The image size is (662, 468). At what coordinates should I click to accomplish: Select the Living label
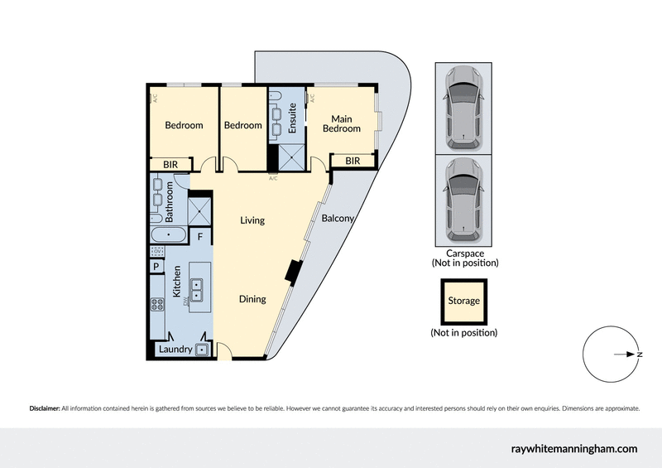point(252,220)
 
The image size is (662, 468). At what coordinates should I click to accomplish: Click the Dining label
point(252,299)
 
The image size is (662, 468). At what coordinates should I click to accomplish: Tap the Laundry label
point(175,350)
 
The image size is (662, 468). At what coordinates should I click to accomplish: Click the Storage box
point(463,302)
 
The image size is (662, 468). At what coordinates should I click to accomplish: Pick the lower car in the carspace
point(463,200)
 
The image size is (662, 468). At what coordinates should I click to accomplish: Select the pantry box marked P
point(156,267)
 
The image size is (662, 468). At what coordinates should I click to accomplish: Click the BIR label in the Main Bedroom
point(353,161)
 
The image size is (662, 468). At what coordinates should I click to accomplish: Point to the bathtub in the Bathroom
point(169,236)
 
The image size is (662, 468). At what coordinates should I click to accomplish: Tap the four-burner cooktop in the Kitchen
point(157,304)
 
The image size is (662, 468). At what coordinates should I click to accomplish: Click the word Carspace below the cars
point(463,253)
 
